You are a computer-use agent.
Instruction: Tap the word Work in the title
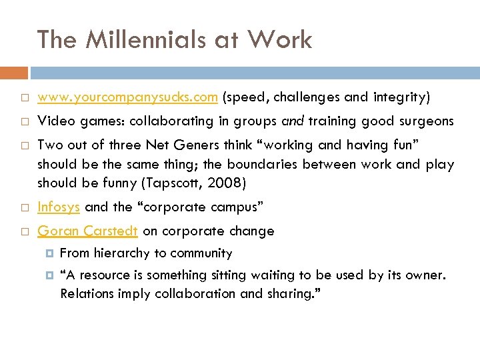(279, 40)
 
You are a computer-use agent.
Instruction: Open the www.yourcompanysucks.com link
(127, 97)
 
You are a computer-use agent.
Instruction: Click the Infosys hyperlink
(59, 207)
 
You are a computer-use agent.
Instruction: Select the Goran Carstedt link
(87, 231)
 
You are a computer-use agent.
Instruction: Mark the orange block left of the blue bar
(14, 73)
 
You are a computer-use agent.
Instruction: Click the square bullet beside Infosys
(23, 207)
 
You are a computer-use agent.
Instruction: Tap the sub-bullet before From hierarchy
(49, 253)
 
